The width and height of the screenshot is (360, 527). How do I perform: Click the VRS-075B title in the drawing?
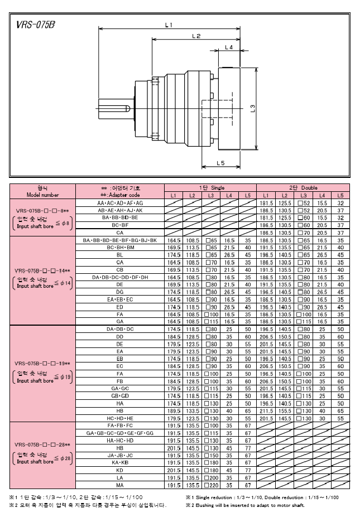(36, 25)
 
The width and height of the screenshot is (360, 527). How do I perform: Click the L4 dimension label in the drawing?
(228, 48)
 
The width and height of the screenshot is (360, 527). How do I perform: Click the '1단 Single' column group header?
(210, 188)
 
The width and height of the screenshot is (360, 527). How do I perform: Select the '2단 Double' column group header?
(303, 188)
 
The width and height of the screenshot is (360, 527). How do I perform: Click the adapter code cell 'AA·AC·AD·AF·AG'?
(120, 203)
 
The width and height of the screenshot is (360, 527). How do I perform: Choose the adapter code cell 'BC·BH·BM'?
(120, 246)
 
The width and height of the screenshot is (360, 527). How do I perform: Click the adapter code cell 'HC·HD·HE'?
(120, 418)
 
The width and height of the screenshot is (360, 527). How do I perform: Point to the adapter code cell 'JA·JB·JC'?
(120, 455)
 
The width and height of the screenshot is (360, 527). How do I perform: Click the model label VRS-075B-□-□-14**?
(42, 270)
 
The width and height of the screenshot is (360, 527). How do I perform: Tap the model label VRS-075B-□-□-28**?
(42, 444)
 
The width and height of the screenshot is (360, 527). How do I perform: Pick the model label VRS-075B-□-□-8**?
(42, 210)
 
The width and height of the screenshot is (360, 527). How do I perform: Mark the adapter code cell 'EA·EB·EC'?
(120, 299)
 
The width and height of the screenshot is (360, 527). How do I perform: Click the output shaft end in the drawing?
(106, 108)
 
